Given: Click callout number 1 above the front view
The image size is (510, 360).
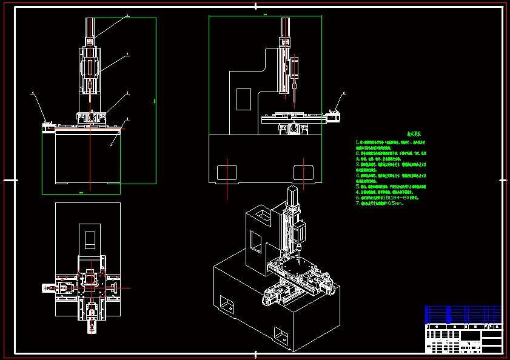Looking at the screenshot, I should tap(127, 15).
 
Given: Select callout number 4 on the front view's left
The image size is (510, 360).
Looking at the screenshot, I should tap(33, 93).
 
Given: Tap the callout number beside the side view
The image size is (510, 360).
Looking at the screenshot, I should tap(344, 93).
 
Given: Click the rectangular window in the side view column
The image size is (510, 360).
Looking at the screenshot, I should tap(244, 99).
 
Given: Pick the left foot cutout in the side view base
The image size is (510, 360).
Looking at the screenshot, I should tap(227, 170).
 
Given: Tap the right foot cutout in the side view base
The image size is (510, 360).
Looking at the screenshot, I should tap(303, 170).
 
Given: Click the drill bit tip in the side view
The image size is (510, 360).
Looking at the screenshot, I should tap(294, 101).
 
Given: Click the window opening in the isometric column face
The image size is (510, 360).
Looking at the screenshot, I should tap(257, 242).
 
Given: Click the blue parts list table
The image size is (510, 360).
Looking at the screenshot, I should tap(464, 315).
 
